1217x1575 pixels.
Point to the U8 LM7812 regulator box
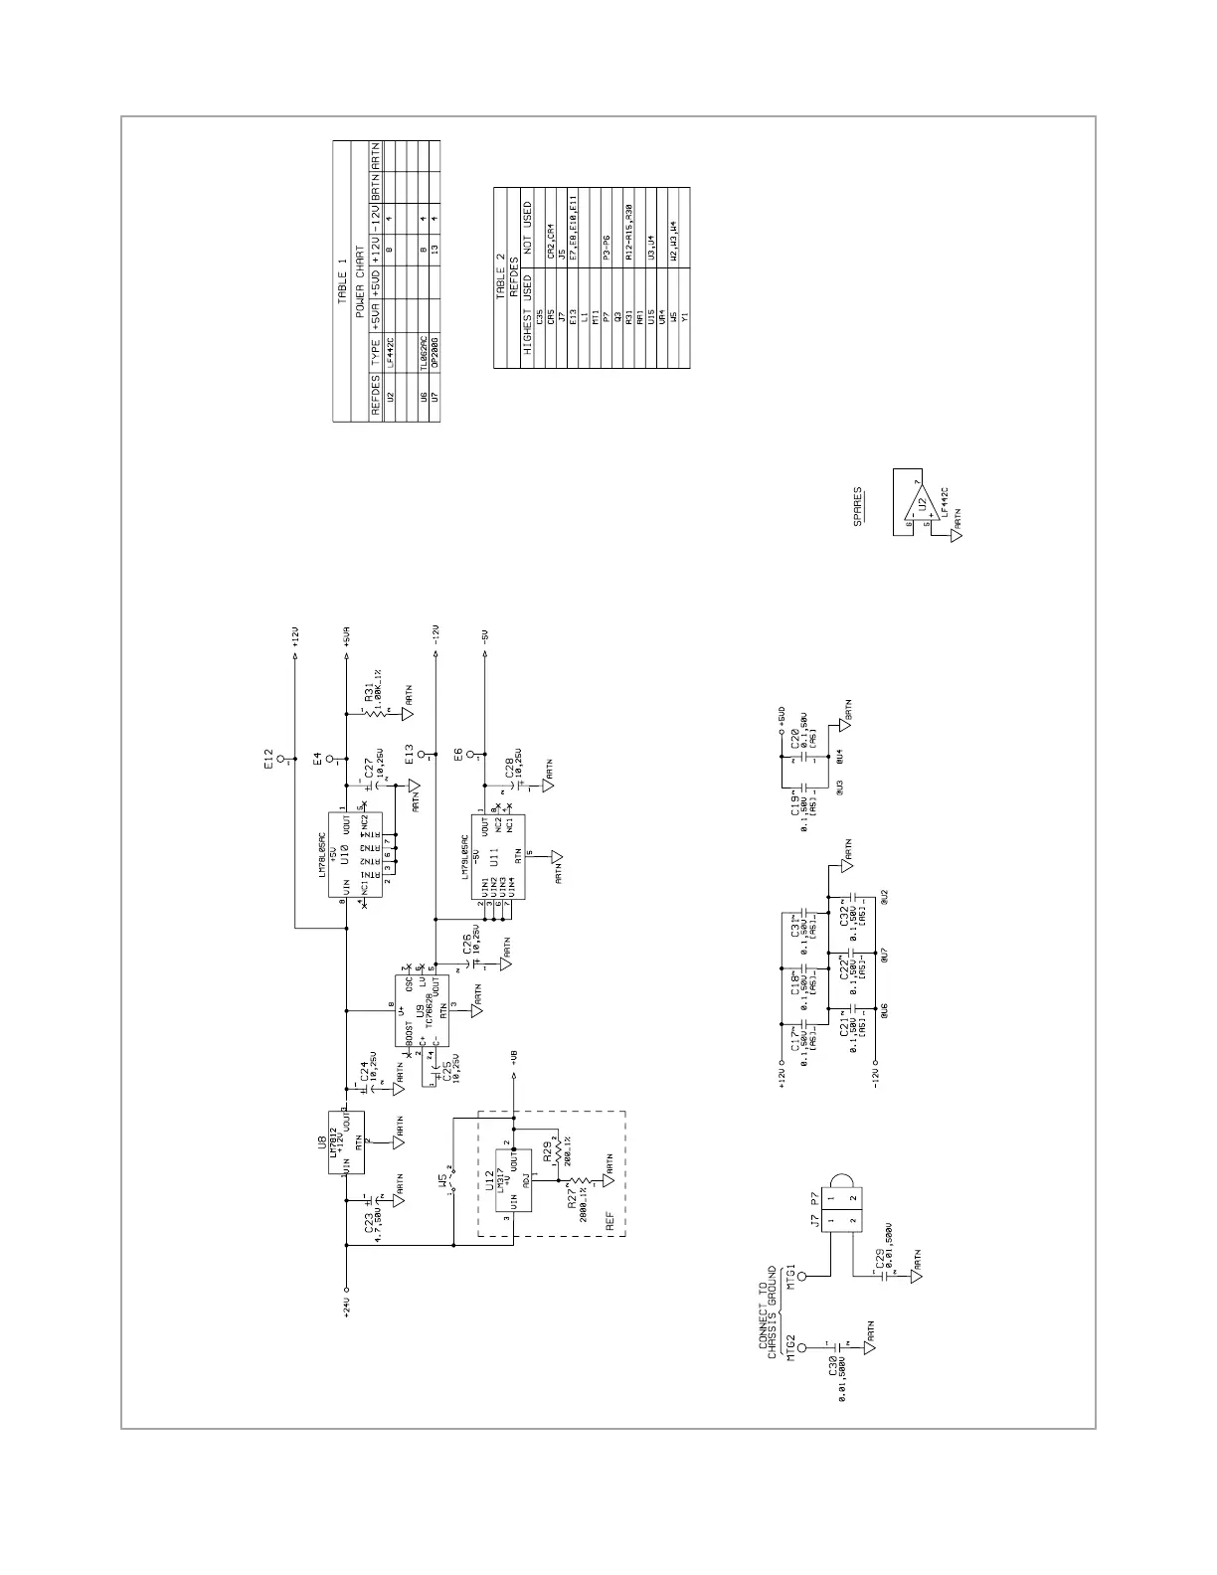pyautogui.click(x=346, y=1141)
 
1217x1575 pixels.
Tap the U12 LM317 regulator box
pyautogui.click(x=513, y=1181)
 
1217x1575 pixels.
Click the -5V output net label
pyautogui.click(x=484, y=636)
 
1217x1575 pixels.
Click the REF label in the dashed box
pyautogui.click(x=610, y=1218)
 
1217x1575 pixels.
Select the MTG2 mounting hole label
pyautogui.click(x=791, y=1348)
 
